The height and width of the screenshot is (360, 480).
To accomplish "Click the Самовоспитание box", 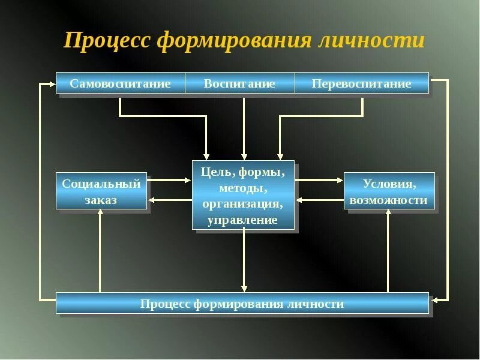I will point(121,83).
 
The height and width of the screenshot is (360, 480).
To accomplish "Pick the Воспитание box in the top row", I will point(239,83).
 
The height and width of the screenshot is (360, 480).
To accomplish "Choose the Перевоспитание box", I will point(362,83).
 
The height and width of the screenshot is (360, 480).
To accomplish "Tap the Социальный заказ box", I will point(101,191).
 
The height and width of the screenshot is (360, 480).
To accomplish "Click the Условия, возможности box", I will point(389,191).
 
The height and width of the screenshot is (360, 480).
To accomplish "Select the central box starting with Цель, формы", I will point(243,195).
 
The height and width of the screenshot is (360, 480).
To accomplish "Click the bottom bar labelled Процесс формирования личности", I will point(242,304).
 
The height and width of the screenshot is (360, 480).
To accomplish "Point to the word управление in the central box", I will point(243,220).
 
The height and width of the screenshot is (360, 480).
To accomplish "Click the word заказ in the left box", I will point(101,200).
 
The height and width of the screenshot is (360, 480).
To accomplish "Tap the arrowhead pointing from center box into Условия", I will point(340,179).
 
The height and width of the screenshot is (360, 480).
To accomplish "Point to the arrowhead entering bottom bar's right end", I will point(434,298).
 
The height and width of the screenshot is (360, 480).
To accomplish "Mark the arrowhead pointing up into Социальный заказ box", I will point(100,212).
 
